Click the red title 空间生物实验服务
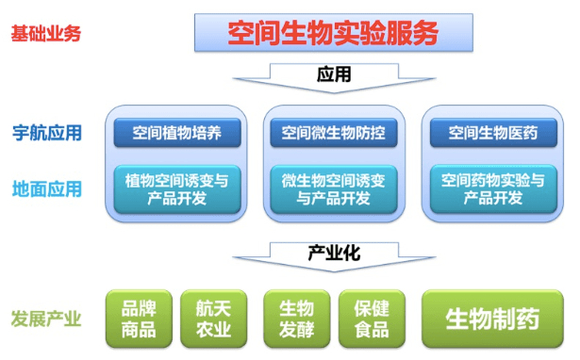(x=333, y=33)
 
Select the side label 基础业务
(x=46, y=34)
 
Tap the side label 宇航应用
(x=47, y=133)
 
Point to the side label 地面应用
(x=47, y=188)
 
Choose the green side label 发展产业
(x=46, y=319)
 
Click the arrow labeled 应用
(x=334, y=78)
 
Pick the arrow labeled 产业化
(x=334, y=257)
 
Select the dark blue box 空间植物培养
(x=177, y=133)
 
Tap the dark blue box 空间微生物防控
(x=334, y=133)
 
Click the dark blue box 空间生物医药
(x=493, y=133)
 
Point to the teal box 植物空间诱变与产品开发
(x=177, y=189)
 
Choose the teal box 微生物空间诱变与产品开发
(x=334, y=189)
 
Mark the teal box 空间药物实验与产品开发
(x=493, y=189)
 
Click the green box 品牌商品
(x=139, y=319)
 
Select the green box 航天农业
(x=214, y=319)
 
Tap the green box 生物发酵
(x=297, y=319)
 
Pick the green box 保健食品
(x=372, y=319)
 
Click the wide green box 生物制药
(x=492, y=319)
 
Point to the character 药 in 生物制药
(x=528, y=319)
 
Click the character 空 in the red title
(x=240, y=33)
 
